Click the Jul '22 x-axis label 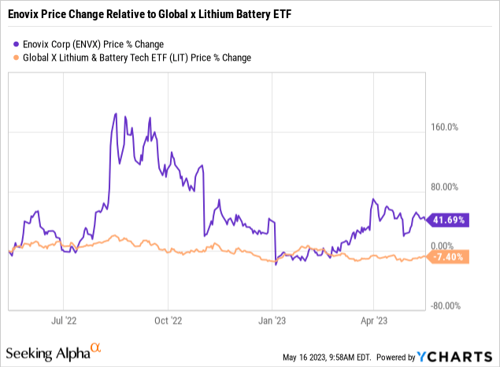click(63, 321)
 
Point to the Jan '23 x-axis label click(272, 321)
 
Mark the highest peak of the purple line click(116, 113)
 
